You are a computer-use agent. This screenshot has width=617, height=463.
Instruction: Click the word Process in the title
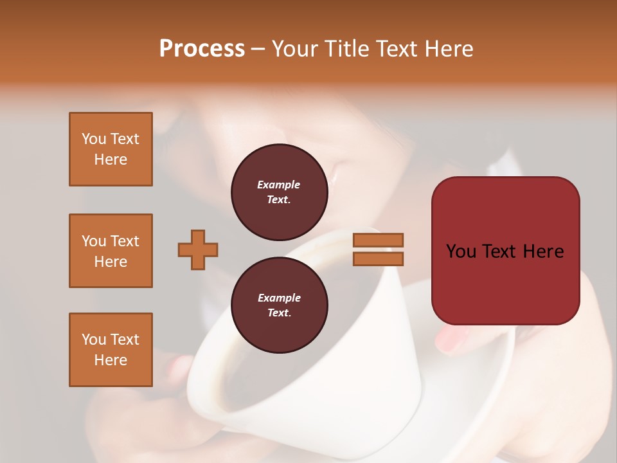point(202,49)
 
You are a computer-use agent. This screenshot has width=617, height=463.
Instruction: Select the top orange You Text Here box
point(111,149)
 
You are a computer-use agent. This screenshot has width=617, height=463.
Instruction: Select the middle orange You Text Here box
point(111,251)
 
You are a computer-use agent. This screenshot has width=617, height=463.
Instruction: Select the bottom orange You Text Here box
point(111,350)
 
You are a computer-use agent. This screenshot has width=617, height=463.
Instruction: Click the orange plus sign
point(198,250)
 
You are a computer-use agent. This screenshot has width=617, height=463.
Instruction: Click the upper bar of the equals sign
point(378,240)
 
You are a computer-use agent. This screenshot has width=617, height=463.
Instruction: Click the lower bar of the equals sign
point(378,259)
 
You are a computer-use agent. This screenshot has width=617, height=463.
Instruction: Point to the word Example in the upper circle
point(279,185)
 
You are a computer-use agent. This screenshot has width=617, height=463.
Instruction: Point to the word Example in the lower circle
point(279,298)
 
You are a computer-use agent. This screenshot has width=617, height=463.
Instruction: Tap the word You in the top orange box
point(94,139)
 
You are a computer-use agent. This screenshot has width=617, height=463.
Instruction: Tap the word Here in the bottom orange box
point(111,360)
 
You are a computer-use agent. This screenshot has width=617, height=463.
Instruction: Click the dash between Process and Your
point(258,50)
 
